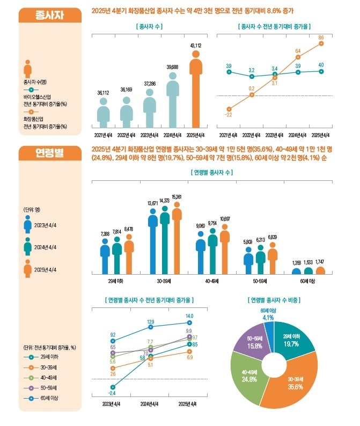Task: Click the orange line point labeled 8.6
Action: pyautogui.click(x=321, y=43)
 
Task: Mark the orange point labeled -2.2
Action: pyautogui.click(x=229, y=108)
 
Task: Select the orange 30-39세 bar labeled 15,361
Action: pyautogui.click(x=177, y=241)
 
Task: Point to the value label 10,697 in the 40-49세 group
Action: pyautogui.click(x=225, y=219)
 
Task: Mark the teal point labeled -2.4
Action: pyautogui.click(x=113, y=387)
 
